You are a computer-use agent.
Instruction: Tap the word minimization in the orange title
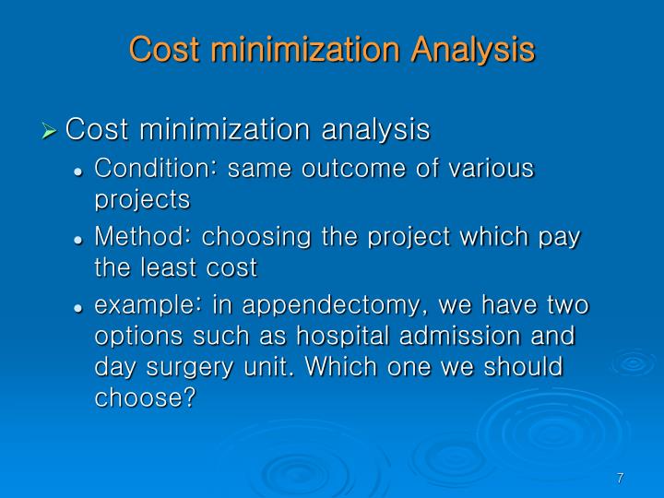(296, 49)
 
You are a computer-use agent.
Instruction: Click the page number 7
(621, 478)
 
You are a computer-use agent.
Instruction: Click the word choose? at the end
(146, 397)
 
